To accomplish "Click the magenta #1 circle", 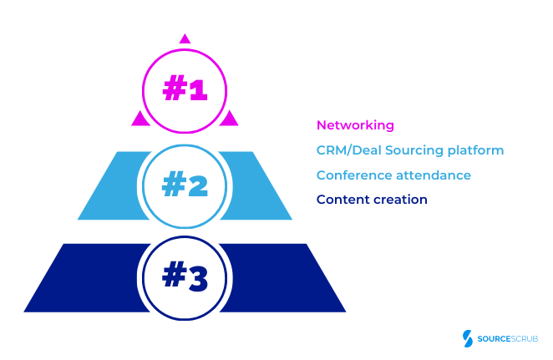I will [185, 89].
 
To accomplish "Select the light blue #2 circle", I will [185, 185].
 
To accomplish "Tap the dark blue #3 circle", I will [185, 278].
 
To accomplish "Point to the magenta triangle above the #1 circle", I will [185, 38].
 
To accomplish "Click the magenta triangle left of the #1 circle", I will [140, 119].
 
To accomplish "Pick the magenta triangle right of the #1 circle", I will [229, 119].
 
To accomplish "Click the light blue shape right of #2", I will [259, 188].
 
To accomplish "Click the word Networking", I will [355, 125].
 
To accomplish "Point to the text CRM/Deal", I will [343, 150].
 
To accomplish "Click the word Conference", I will [351, 175].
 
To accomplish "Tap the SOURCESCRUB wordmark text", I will [507, 339].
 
